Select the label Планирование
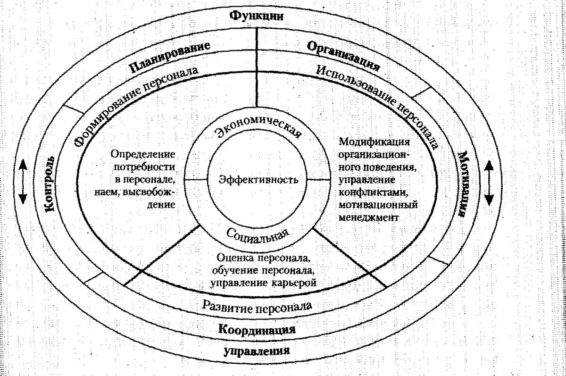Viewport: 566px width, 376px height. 170,57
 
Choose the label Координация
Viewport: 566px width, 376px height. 257,329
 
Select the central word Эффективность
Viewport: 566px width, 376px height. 258,180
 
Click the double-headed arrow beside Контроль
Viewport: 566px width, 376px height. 23,182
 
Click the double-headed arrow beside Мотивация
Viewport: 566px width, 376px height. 490,182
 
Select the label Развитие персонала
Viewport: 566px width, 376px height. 257,306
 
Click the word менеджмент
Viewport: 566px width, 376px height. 369,218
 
